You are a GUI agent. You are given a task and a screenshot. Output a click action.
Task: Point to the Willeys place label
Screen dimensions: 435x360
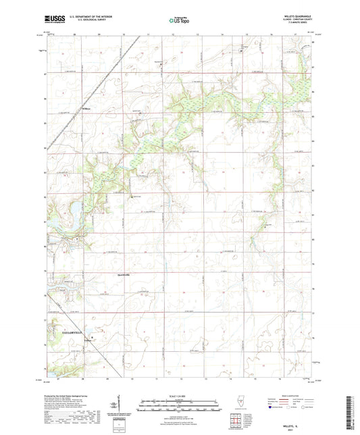click(86, 109)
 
